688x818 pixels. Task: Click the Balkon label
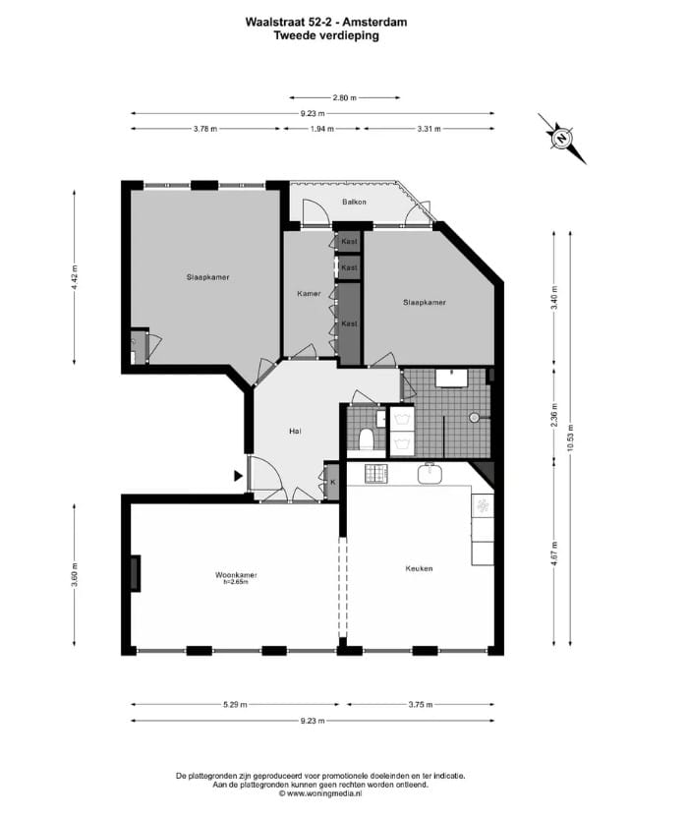click(354, 203)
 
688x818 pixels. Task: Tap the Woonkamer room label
click(233, 575)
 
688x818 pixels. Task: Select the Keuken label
click(419, 568)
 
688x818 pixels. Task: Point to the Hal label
click(294, 432)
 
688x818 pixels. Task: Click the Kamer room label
click(309, 294)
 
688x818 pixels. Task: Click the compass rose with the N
click(561, 139)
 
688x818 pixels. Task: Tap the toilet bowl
click(365, 438)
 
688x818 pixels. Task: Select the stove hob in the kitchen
click(376, 475)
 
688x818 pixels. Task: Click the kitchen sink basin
click(430, 474)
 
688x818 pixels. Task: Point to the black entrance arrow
click(239, 476)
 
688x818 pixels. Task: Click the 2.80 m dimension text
click(344, 98)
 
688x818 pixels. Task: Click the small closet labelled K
click(332, 482)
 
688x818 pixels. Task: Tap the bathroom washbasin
click(454, 377)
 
